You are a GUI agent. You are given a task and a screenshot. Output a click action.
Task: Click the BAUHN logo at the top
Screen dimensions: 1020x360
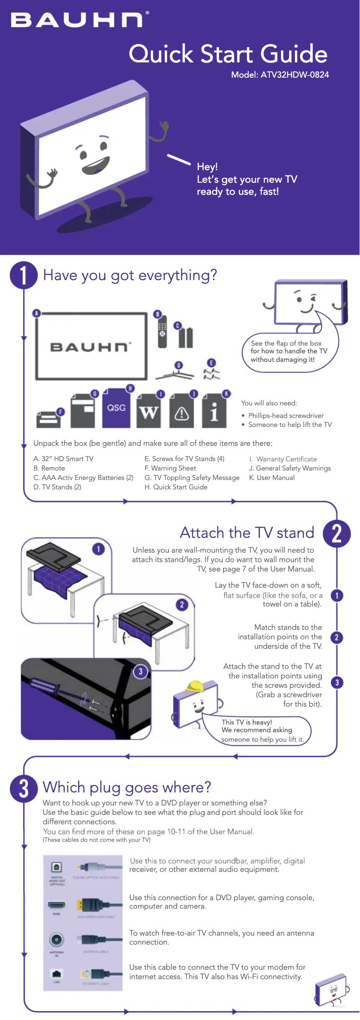tap(77, 20)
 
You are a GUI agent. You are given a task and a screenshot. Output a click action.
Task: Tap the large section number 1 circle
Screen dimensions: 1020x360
tap(23, 275)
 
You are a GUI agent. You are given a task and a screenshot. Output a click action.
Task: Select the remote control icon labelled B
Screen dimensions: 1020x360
tap(162, 332)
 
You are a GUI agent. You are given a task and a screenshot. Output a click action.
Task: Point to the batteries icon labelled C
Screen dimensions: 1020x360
tap(185, 337)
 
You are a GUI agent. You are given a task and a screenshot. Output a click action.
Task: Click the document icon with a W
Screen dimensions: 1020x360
tap(149, 411)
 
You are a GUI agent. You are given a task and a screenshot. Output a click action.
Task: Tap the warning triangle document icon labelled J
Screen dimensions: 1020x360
tap(181, 411)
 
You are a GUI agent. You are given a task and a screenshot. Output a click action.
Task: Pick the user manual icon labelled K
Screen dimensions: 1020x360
tap(214, 411)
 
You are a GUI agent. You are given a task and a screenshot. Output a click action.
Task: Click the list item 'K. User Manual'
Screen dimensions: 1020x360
tap(272, 478)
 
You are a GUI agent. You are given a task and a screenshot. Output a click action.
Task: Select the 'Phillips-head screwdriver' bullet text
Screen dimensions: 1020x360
tap(285, 416)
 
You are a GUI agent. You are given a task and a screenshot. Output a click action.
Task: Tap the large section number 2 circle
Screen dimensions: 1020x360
tap(336, 533)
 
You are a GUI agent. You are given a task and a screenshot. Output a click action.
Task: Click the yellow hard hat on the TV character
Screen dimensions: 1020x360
tap(196, 686)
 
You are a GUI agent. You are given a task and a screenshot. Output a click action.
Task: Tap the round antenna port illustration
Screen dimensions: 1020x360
tap(57, 940)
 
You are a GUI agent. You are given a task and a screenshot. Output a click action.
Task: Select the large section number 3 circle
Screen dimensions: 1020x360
tap(23, 788)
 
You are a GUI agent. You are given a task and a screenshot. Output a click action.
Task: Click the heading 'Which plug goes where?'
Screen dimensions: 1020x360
tap(127, 787)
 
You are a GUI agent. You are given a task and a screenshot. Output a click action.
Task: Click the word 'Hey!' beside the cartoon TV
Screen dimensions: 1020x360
tap(207, 167)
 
